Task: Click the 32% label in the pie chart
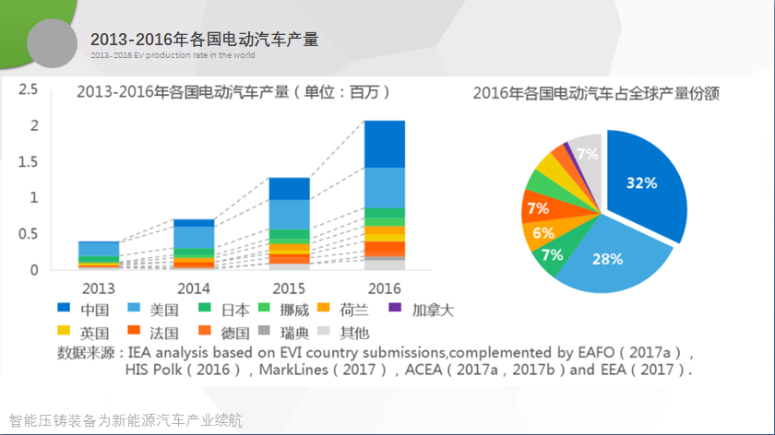[x=641, y=183]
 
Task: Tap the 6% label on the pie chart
[x=543, y=233]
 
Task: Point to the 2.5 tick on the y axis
[x=28, y=89]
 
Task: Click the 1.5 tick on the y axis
[x=28, y=161]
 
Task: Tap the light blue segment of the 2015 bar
[x=289, y=214]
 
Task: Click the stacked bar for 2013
[x=99, y=254]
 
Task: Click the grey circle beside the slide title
[x=53, y=42]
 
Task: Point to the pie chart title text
[x=595, y=93]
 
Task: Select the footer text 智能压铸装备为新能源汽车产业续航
[x=125, y=420]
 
